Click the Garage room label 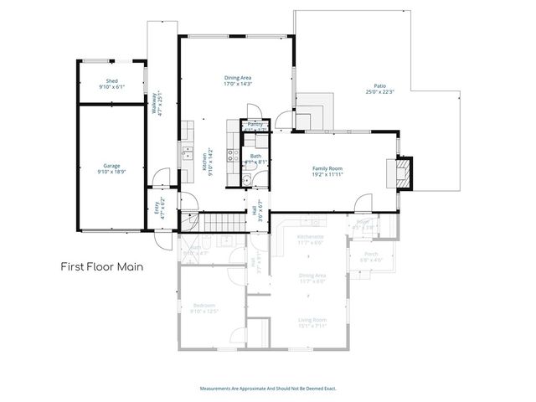(x=111, y=165)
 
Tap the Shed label (x=111, y=80)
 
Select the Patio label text (x=379, y=85)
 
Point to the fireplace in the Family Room (x=404, y=173)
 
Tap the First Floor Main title (x=100, y=267)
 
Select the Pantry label (x=255, y=124)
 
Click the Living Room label (x=312, y=319)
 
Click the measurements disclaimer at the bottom (x=268, y=389)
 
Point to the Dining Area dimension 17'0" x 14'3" (x=238, y=83)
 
